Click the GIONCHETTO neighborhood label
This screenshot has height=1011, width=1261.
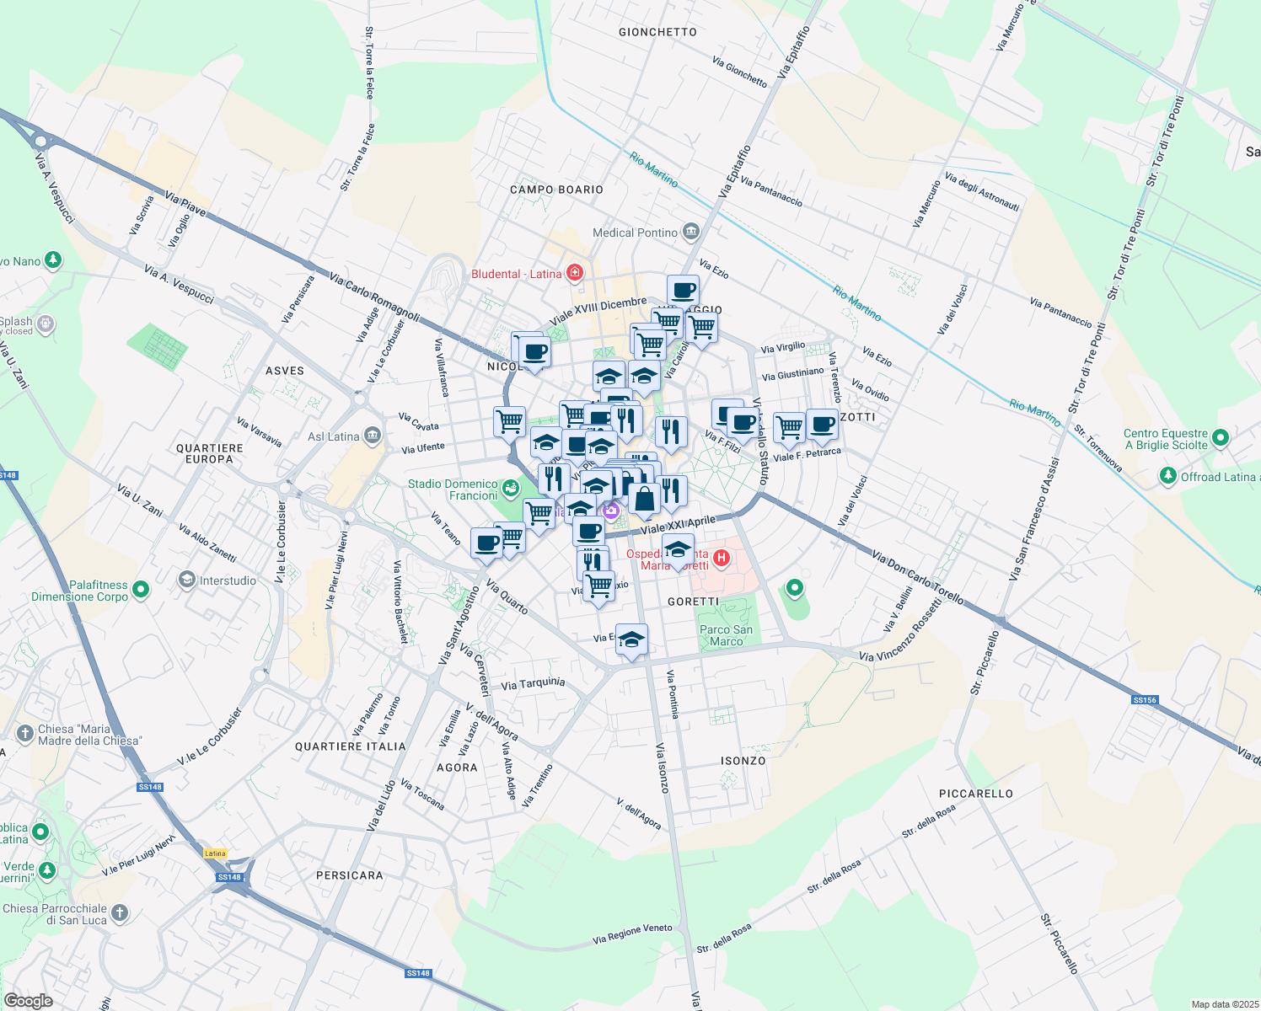(x=657, y=32)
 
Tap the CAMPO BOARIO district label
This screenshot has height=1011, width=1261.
(x=556, y=190)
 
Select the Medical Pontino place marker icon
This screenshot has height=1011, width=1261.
(x=691, y=231)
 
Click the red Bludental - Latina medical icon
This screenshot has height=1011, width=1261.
(x=575, y=272)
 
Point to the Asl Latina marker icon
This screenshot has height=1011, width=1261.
(x=373, y=436)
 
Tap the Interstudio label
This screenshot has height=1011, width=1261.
(x=228, y=580)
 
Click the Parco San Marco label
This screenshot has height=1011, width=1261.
(x=726, y=635)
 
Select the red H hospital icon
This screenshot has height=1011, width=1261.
(x=722, y=558)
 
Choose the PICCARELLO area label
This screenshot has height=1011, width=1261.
(x=976, y=794)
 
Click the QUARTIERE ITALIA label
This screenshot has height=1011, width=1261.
(x=350, y=746)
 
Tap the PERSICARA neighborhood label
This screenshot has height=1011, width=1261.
(x=350, y=875)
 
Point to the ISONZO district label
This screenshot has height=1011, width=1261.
(x=743, y=761)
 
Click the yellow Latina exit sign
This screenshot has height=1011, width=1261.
(x=216, y=853)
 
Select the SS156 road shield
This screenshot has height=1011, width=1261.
(x=1145, y=700)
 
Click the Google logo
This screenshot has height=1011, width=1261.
(x=29, y=1000)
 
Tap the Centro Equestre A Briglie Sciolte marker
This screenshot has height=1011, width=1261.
(x=1221, y=437)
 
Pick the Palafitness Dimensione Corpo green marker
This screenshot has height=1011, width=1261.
(x=141, y=589)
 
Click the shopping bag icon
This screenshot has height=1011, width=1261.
(x=644, y=499)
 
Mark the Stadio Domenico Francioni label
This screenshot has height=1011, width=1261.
(x=453, y=489)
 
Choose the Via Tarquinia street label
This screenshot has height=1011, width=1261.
(x=533, y=684)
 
